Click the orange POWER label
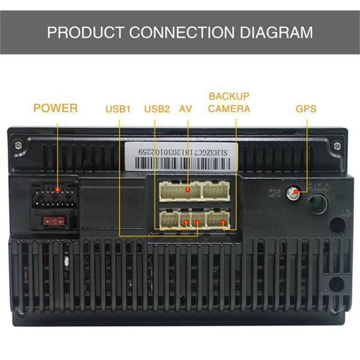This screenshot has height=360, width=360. pos(55,108)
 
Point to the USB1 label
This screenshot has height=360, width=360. pos(118,109)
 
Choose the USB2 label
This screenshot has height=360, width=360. pos(157,109)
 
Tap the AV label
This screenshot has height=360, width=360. pos(186,109)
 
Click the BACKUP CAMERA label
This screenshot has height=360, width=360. pos(229,103)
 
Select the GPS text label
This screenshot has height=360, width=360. pos(306,109)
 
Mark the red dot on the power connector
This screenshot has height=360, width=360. pos(57,190)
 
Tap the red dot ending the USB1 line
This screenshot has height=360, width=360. pos(198,222)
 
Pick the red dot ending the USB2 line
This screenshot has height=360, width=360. pos(185,222)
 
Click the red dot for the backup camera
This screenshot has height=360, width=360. pos(223,222)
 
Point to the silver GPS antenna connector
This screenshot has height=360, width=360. pos(295,193)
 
